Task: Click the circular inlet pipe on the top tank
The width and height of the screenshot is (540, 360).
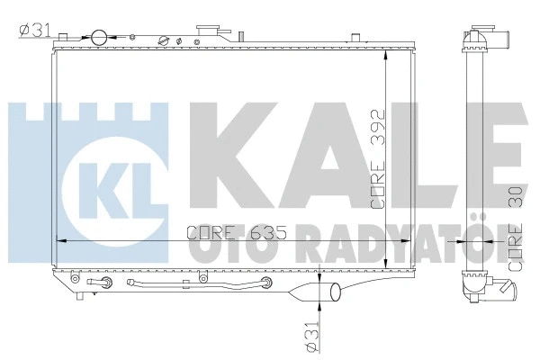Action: (x=97, y=37)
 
